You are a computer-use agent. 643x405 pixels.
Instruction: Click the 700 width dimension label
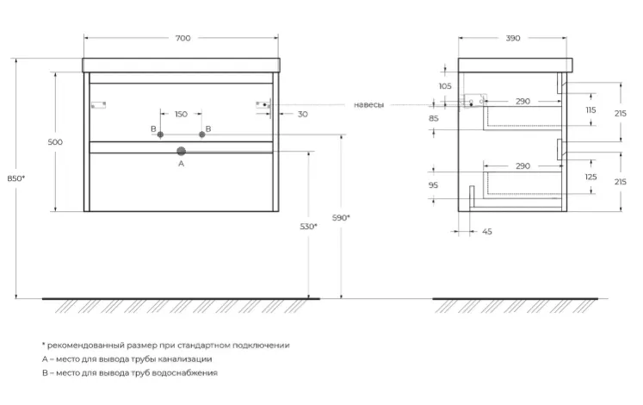click(x=182, y=38)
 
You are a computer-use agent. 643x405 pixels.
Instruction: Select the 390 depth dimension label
click(x=513, y=38)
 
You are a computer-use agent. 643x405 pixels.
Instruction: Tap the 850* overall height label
click(x=16, y=178)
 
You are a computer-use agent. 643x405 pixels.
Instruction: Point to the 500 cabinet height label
click(x=55, y=142)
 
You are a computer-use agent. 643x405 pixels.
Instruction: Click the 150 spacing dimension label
click(x=181, y=114)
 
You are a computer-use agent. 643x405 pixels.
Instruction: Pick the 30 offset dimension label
click(x=303, y=114)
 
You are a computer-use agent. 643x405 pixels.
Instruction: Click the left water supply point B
click(x=160, y=134)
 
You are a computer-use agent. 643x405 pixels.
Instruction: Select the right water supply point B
click(x=201, y=134)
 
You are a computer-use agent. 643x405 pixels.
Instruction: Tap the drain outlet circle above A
click(x=182, y=152)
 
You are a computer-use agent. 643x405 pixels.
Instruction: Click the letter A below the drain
click(x=182, y=164)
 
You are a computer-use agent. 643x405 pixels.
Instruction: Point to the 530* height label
click(x=308, y=227)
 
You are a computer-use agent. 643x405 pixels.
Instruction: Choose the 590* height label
click(x=341, y=218)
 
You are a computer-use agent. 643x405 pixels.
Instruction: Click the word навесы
click(x=368, y=105)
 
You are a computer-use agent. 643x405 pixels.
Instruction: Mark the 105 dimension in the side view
click(x=445, y=86)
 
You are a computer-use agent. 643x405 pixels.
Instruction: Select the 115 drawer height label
click(x=590, y=110)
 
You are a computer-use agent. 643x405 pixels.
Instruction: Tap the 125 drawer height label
click(x=590, y=177)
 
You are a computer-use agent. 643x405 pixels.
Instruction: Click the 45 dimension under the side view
click(x=486, y=232)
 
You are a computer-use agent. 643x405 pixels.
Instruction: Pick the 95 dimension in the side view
click(x=433, y=185)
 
